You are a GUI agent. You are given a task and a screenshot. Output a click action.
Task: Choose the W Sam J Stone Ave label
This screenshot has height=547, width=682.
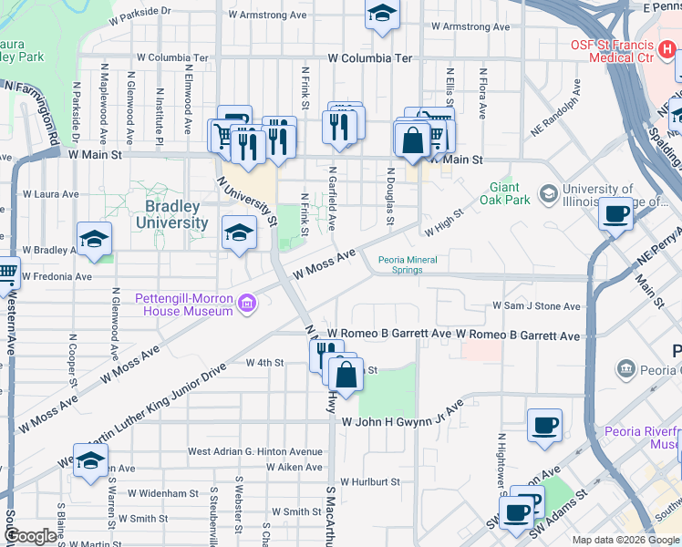(536, 306)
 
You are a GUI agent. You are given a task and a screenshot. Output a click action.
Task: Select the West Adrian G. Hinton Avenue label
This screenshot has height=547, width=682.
(254, 451)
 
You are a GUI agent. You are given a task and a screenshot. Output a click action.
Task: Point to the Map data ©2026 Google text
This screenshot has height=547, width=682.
(625, 540)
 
